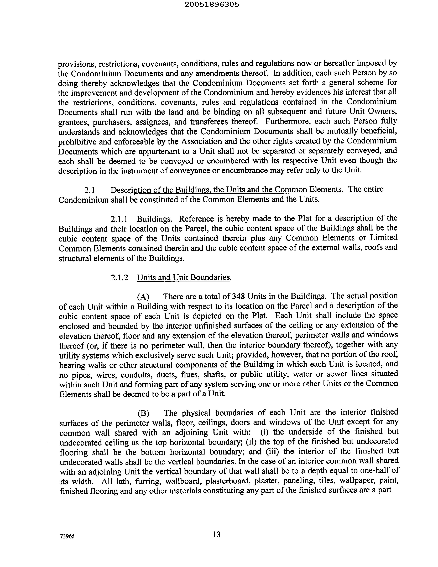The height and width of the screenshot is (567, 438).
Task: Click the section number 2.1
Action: tap(89, 190)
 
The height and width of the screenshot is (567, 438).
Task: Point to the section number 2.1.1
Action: tap(119, 219)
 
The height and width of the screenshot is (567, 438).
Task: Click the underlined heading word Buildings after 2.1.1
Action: tap(154, 219)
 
